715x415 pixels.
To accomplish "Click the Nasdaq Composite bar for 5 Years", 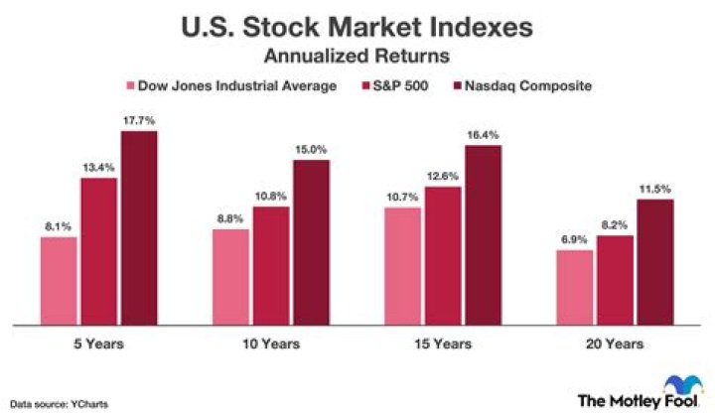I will [x=138, y=228].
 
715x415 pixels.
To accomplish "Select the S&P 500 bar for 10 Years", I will [x=271, y=266].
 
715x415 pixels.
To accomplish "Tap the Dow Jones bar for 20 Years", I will [x=574, y=287].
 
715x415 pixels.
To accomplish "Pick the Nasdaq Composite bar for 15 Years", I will [x=482, y=235].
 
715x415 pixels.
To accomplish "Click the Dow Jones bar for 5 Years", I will [x=59, y=281].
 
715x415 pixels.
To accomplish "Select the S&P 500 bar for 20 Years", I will [x=614, y=280].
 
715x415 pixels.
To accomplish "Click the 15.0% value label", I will [x=310, y=150].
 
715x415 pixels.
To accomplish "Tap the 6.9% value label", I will [x=574, y=241].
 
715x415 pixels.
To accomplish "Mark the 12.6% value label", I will [x=443, y=178].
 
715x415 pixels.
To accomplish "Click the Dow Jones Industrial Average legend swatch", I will [x=129, y=86].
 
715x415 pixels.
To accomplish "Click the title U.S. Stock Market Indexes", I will [x=357, y=27].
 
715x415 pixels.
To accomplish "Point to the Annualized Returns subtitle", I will [x=357, y=56].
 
